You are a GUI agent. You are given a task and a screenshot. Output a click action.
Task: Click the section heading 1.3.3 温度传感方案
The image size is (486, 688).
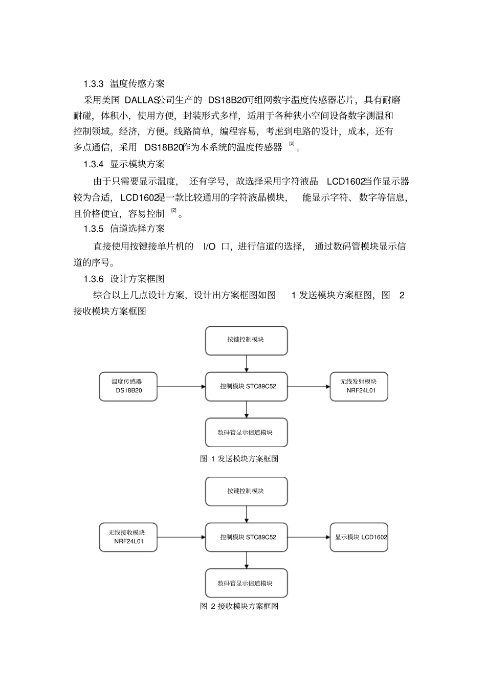124,83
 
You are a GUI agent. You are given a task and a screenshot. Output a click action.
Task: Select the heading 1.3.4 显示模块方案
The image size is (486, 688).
124,164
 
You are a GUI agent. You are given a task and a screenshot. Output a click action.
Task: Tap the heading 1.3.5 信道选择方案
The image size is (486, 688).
124,229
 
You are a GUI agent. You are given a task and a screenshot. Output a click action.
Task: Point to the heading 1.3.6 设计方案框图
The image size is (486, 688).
124,279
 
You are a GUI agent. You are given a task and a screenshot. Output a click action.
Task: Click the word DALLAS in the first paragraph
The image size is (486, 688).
142,99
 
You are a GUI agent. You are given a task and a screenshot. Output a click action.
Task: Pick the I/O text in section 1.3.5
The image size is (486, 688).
209,247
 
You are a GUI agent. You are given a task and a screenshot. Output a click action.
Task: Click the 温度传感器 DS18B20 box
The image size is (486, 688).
128,386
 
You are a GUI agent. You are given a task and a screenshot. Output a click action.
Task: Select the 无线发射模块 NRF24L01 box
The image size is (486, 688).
359,386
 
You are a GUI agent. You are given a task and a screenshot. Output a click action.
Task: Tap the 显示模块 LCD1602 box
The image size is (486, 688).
359,537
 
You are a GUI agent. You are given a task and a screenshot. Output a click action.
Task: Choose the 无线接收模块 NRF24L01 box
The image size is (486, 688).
128,537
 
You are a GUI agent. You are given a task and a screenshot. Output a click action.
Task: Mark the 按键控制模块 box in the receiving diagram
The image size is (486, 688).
246,491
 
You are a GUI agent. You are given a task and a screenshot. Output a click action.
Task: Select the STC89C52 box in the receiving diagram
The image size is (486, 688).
246,537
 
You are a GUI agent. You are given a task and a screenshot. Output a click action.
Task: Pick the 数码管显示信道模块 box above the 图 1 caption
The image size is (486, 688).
246,432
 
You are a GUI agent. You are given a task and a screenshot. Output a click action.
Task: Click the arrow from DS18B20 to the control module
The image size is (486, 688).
181,387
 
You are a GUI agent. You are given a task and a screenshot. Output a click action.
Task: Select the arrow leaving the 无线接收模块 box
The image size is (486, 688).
181,537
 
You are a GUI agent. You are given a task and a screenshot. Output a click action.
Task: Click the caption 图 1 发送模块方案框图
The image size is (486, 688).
239,459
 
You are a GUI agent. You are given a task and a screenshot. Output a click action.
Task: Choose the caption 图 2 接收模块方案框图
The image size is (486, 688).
239,606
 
